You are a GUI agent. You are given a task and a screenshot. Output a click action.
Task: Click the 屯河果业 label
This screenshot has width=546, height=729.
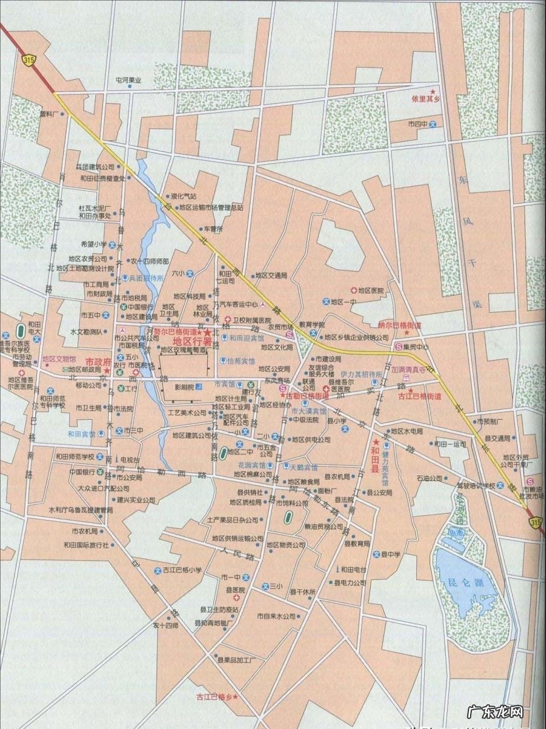click(128, 80)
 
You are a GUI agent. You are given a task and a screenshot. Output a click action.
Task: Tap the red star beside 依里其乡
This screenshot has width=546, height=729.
click(434, 92)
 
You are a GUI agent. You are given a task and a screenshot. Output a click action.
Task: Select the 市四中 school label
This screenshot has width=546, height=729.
click(417, 124)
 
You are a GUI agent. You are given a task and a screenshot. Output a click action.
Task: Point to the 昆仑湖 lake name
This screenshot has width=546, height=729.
click(460, 582)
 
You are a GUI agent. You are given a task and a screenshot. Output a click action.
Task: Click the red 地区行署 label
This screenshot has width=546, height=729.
click(188, 341)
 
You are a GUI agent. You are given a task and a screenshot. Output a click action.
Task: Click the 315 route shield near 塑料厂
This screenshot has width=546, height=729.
click(26, 59)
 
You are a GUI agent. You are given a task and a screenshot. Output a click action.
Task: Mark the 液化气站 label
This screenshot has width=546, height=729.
click(182, 197)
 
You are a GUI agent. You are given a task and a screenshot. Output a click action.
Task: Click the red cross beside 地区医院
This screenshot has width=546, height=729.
click(354, 290)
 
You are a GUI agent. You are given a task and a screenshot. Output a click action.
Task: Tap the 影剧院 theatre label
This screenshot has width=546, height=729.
click(184, 387)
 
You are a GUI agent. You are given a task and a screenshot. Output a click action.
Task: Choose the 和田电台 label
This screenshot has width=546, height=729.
click(354, 569)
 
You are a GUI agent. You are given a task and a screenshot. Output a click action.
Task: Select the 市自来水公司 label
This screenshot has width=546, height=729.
click(275, 616)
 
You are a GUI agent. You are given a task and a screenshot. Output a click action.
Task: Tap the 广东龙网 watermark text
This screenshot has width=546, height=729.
click(494, 712)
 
